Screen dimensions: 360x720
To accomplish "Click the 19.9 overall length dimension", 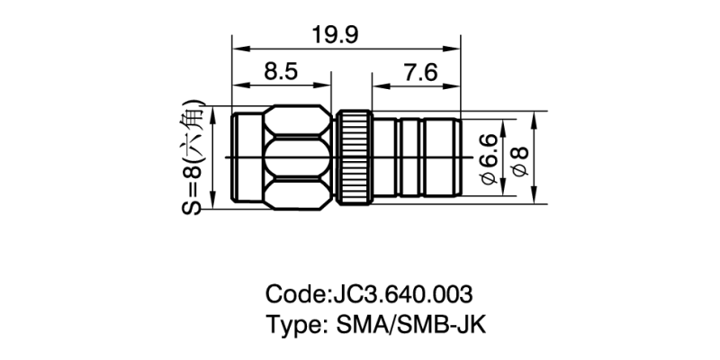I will click(337, 34).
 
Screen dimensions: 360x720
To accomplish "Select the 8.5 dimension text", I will click(280, 73).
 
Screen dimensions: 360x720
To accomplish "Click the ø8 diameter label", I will click(517, 159).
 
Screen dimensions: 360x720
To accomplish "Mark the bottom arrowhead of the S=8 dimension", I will click(214, 202).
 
